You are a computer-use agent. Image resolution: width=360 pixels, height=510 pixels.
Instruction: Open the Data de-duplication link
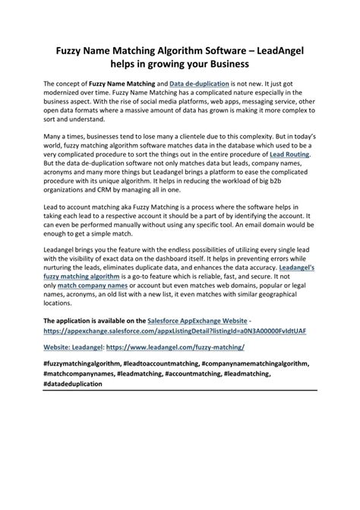200,83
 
